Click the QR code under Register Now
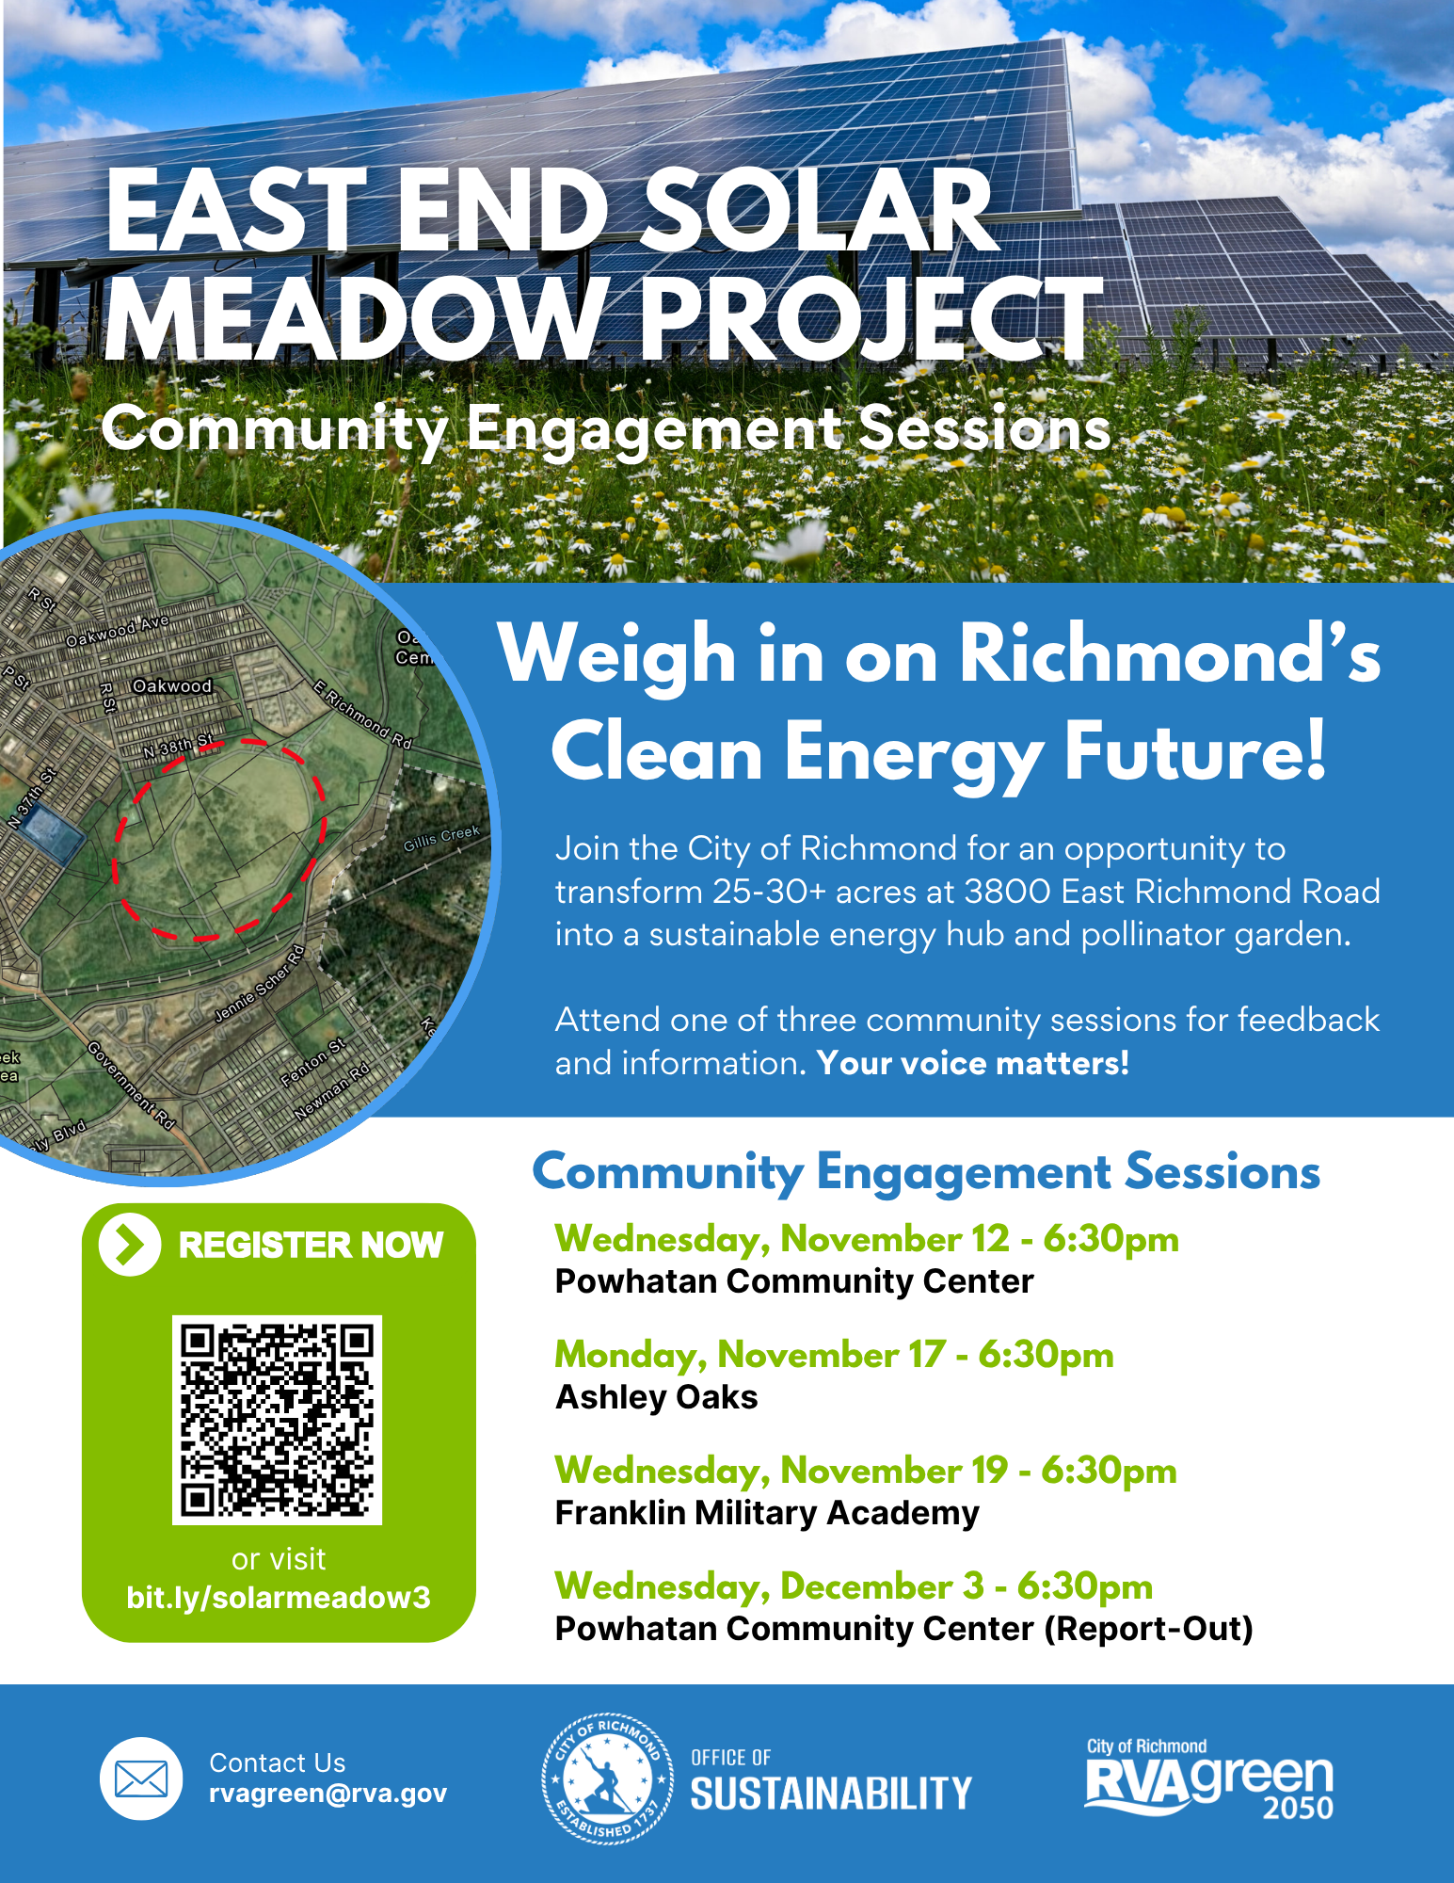[277, 1419]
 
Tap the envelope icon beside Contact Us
[141, 1778]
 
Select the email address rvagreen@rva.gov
[328, 1794]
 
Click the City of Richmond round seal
[608, 1778]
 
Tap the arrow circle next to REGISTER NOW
[129, 1244]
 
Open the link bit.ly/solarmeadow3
[278, 1598]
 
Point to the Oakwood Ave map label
[117, 632]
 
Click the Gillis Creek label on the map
[441, 837]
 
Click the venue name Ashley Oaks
[656, 1397]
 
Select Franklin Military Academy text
[767, 1513]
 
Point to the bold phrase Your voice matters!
[972, 1063]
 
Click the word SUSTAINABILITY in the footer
[830, 1794]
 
